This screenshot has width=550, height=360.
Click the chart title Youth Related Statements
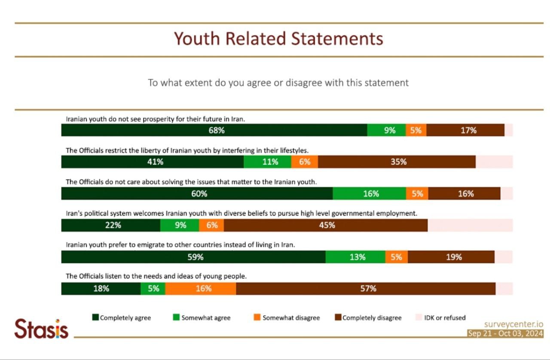(278, 39)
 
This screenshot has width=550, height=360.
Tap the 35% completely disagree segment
(397, 162)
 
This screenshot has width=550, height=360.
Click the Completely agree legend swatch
(95, 318)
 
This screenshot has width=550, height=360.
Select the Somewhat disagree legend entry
(287, 318)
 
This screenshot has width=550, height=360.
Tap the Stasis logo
(41, 329)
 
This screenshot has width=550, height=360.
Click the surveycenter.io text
(513, 324)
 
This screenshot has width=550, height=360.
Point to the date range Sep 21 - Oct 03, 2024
(505, 334)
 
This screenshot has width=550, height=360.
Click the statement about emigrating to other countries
(180, 245)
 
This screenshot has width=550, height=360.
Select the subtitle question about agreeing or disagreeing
(278, 82)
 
